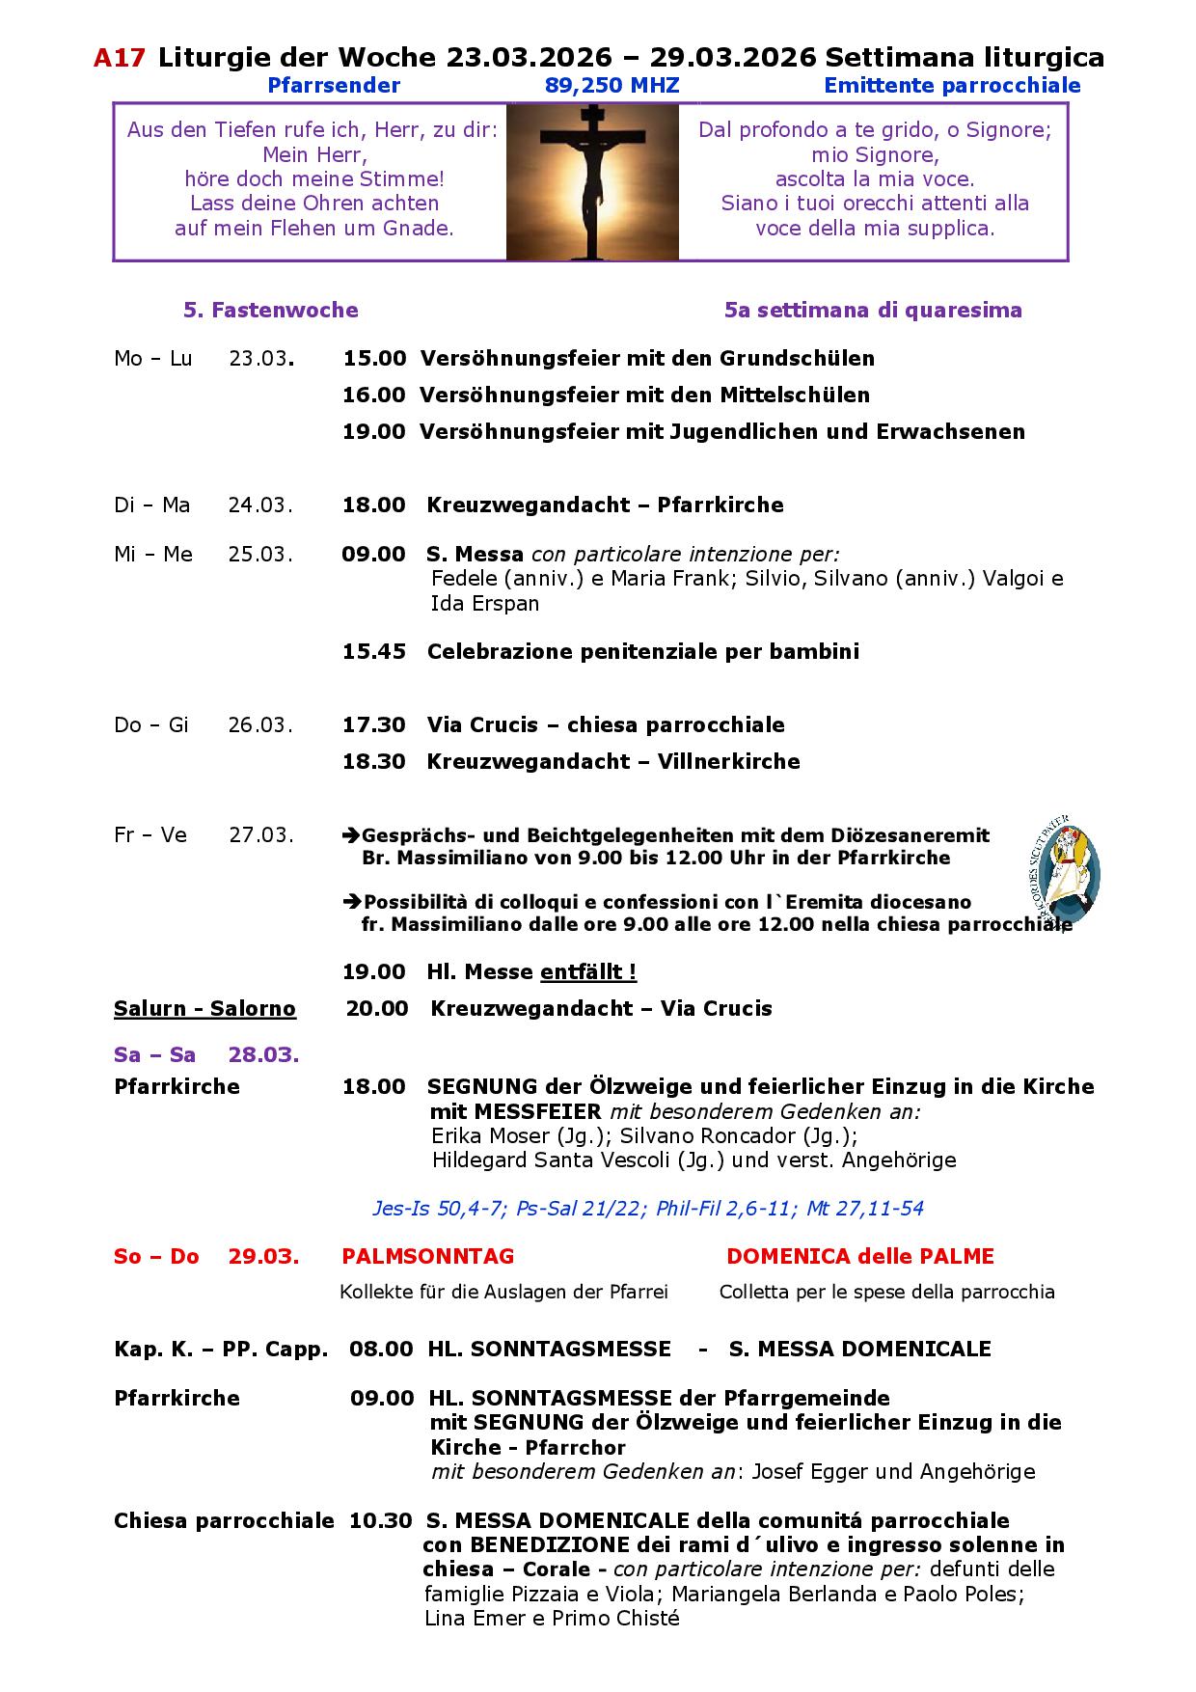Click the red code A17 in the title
(120, 59)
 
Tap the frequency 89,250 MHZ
(612, 86)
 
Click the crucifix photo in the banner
(592, 182)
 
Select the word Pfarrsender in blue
(334, 86)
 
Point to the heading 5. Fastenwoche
(271, 311)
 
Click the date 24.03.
(260, 505)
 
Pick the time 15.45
(374, 652)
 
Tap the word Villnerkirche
(729, 762)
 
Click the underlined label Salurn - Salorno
(204, 1009)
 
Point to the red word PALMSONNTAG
(428, 1257)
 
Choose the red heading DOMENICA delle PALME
(860, 1257)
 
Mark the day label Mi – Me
(153, 555)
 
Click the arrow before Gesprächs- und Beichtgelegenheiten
(351, 835)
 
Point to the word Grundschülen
(797, 359)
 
